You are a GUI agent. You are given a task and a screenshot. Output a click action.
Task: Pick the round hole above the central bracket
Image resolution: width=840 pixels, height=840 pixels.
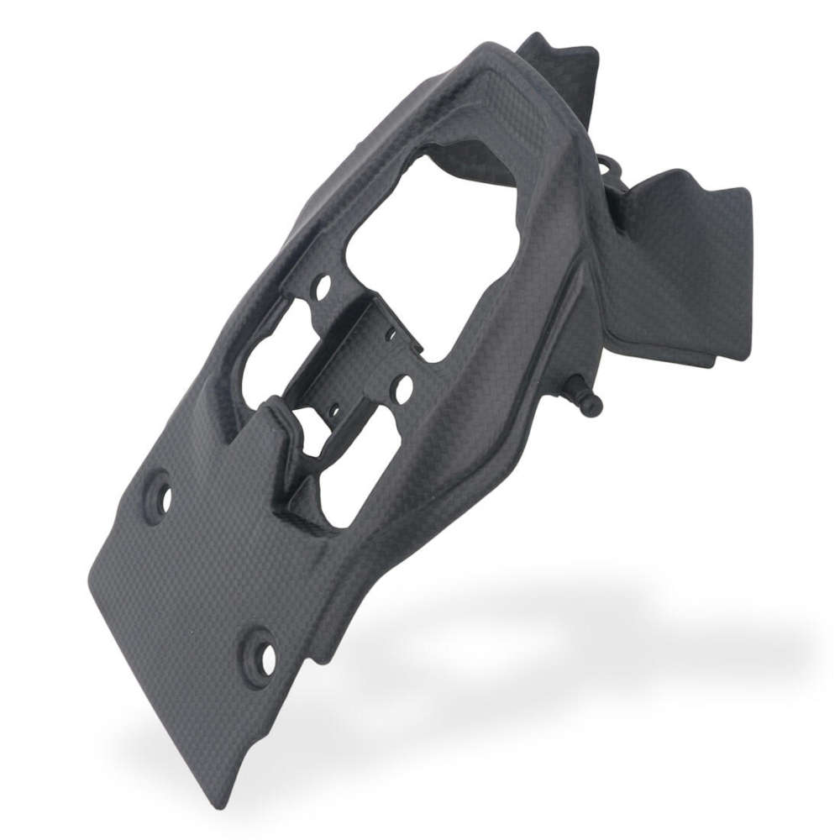point(321,291)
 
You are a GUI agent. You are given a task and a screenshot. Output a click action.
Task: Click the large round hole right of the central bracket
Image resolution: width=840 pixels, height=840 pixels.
point(402,388)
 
